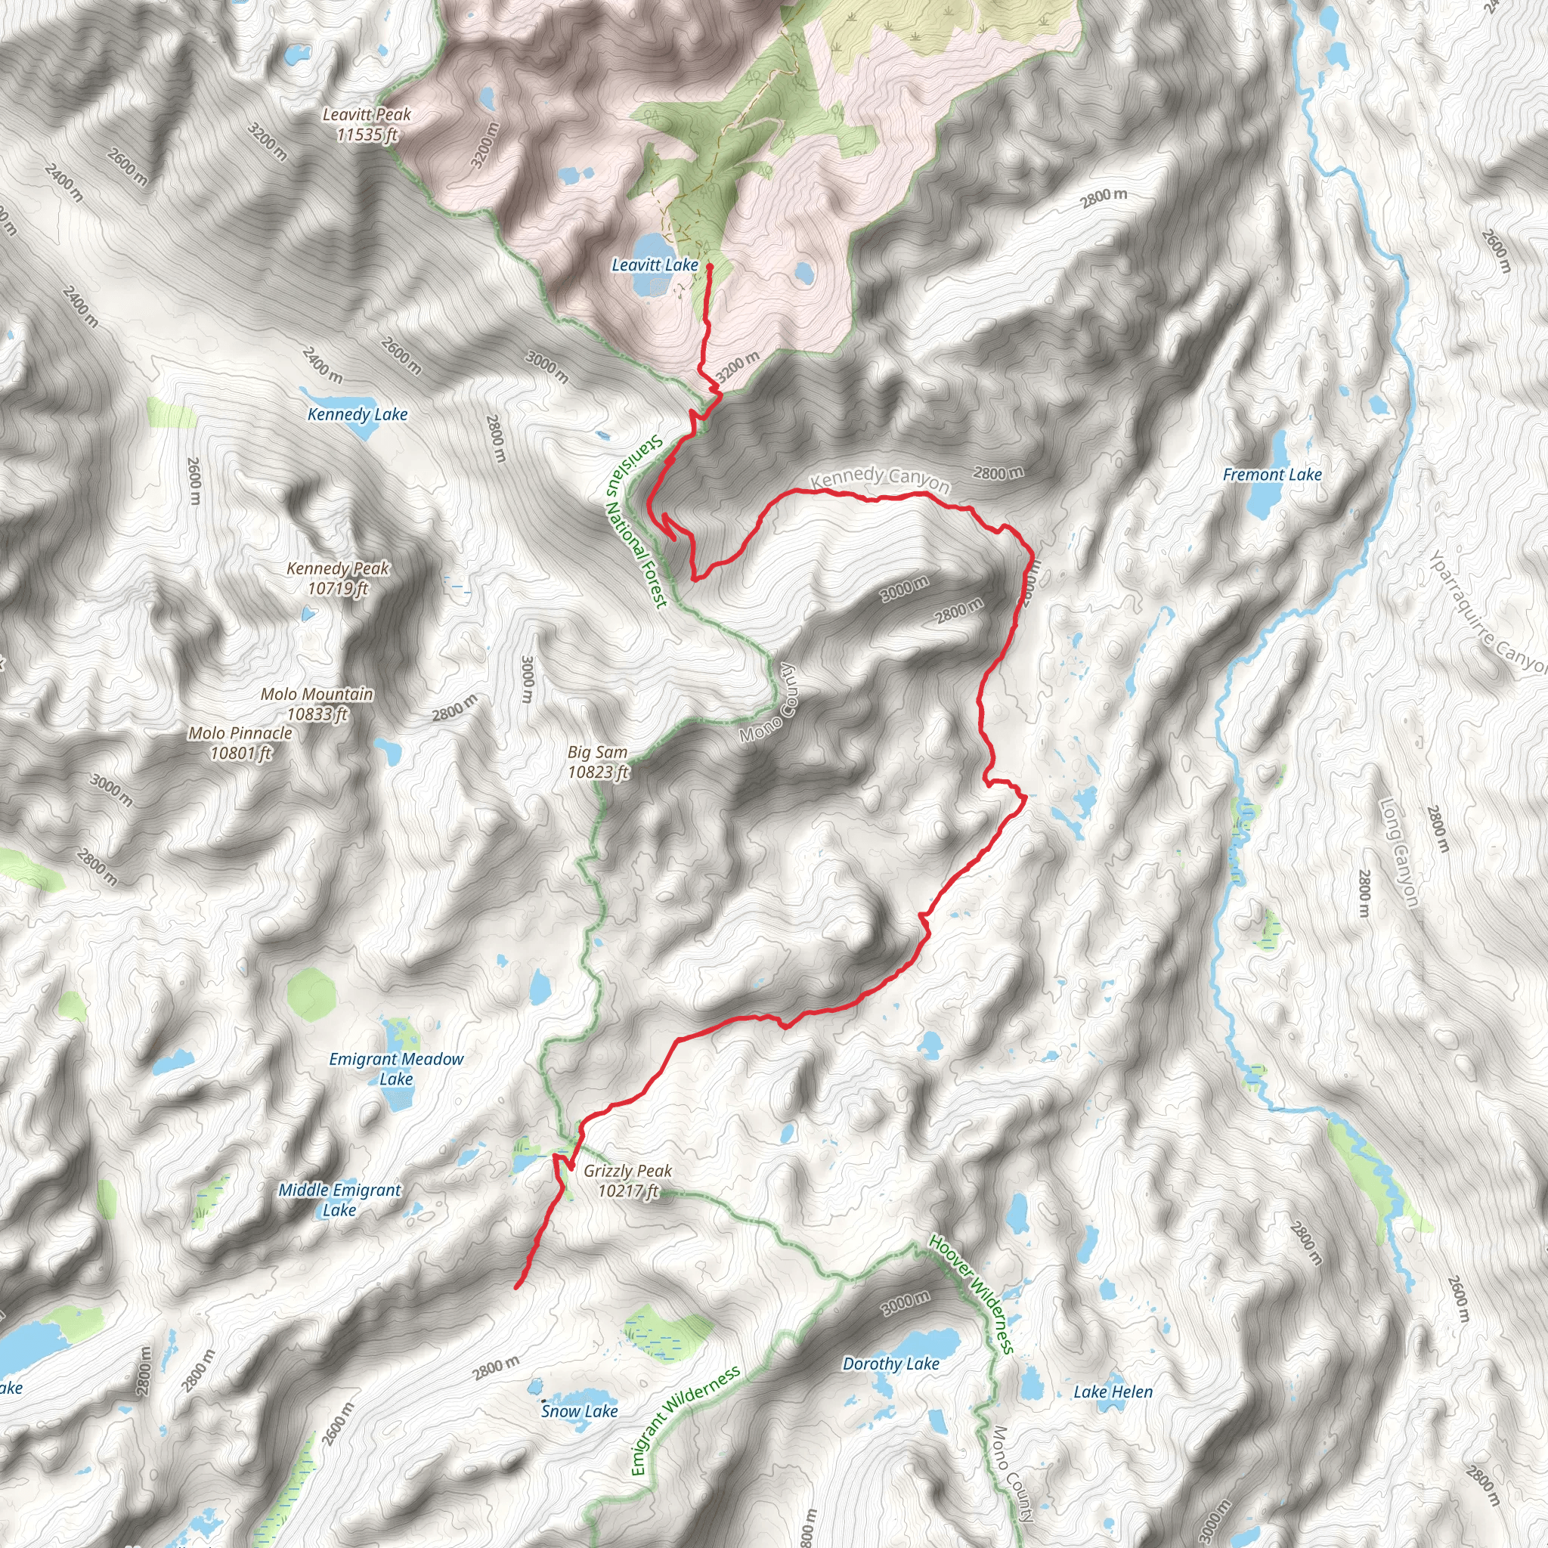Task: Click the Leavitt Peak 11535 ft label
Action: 366,125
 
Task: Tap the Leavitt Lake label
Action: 655,265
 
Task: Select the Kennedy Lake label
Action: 358,414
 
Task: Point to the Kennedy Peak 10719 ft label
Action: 337,578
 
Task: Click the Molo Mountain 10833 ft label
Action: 317,704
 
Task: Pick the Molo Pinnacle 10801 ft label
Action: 240,743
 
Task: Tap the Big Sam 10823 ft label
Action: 598,762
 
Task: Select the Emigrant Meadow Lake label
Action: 396,1069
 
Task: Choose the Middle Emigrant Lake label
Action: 339,1200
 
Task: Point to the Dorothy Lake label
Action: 890,1364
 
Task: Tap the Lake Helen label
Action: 1113,1392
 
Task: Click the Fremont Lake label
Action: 1271,475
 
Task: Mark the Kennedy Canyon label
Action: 880,478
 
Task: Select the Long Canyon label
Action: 1398,853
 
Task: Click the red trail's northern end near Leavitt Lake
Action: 710,267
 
